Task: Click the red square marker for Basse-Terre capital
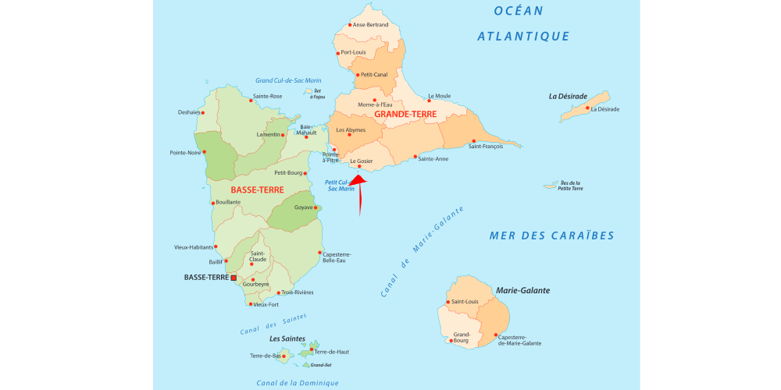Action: [234, 277]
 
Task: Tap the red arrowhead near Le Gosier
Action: [357, 181]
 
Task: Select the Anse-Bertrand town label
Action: [370, 25]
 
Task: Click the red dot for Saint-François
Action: [473, 141]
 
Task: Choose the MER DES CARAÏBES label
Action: [551, 236]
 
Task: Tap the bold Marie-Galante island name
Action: [522, 290]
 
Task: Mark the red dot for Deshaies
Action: [205, 112]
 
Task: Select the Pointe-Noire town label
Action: [184, 153]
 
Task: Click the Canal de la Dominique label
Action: [298, 382]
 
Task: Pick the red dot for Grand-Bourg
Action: [451, 340]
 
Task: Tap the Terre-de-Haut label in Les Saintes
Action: [332, 352]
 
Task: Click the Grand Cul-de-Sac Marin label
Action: [288, 80]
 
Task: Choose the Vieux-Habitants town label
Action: [193, 247]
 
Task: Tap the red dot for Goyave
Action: [316, 207]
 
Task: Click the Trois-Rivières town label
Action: [298, 292]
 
